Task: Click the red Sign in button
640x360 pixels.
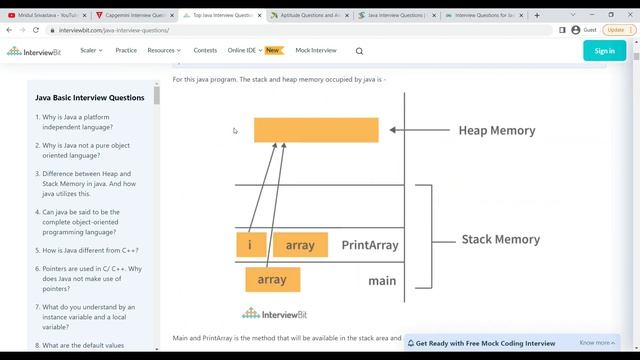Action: [x=604, y=50]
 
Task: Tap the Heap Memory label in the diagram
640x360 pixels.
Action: [x=496, y=130]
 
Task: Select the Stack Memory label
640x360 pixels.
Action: [x=500, y=239]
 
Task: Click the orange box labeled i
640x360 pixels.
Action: [x=250, y=245]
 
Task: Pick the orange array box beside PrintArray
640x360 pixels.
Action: [x=300, y=245]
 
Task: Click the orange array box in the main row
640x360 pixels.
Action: [x=272, y=280]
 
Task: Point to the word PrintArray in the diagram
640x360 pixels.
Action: [x=370, y=245]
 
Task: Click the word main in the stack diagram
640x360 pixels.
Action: [x=382, y=281]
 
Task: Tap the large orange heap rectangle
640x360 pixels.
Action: [x=316, y=130]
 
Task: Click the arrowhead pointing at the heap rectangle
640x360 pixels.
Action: [x=394, y=130]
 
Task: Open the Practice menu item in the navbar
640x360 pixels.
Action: [x=126, y=50]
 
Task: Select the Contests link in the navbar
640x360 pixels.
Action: [x=205, y=50]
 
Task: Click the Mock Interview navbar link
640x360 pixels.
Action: [x=316, y=50]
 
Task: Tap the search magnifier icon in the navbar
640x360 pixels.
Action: [x=360, y=51]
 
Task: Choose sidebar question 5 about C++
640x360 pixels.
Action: [x=88, y=250]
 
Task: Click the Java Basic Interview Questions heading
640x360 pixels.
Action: [x=90, y=98]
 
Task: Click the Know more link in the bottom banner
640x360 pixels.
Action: [x=595, y=343]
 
